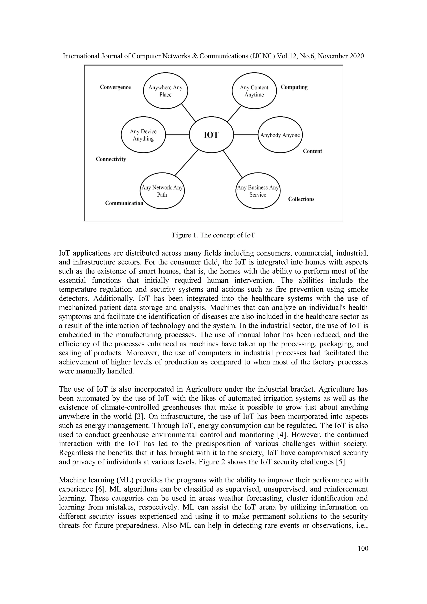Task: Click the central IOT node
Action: pyautogui.click(x=211, y=135)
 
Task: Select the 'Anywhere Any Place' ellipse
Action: pyautogui.click(x=165, y=91)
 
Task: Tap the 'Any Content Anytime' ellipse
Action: pyautogui.click(x=254, y=91)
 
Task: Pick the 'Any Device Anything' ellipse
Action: pyautogui.click(x=143, y=135)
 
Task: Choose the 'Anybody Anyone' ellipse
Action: pyautogui.click(x=280, y=135)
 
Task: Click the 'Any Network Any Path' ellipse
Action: pyautogui.click(x=162, y=191)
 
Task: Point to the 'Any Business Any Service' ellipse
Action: pyautogui.click(x=258, y=191)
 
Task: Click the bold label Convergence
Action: pyautogui.click(x=115, y=87)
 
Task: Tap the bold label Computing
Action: pyautogui.click(x=294, y=87)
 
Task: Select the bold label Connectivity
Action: pyautogui.click(x=111, y=159)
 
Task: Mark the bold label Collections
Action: pyautogui.click(x=301, y=199)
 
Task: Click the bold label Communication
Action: pyautogui.click(x=124, y=203)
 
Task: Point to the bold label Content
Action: pyautogui.click(x=312, y=151)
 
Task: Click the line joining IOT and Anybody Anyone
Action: pyautogui.click(x=246, y=135)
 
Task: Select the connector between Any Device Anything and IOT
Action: pyautogui.click(x=177, y=135)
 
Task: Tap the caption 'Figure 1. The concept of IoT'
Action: pyautogui.click(x=213, y=235)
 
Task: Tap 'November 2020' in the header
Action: pyautogui.click(x=341, y=56)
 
